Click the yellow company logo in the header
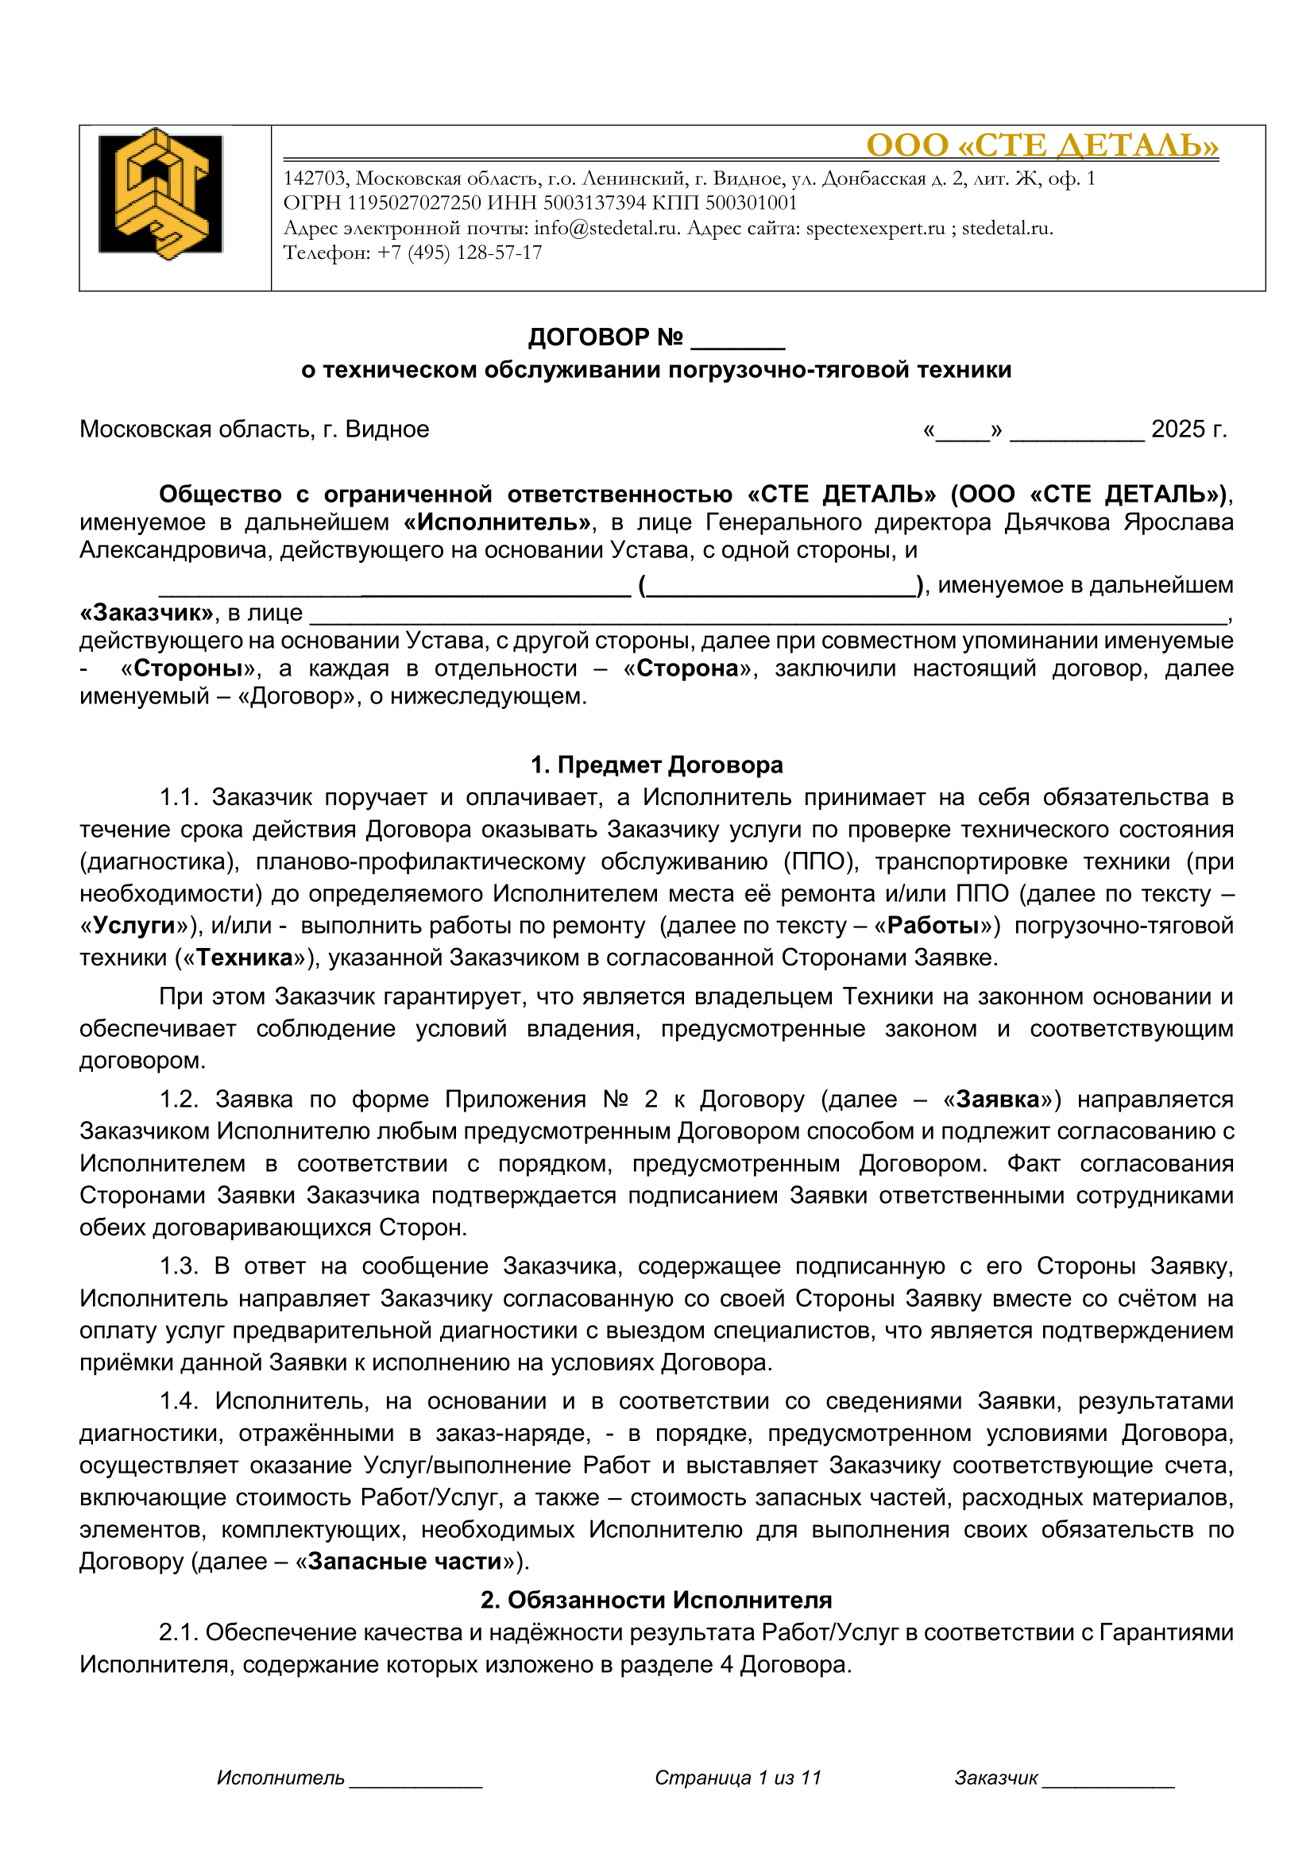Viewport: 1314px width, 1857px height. pyautogui.click(x=160, y=194)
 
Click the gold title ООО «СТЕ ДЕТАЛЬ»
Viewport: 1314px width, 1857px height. pyautogui.click(x=1042, y=145)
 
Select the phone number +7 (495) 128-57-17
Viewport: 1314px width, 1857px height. pyautogui.click(x=458, y=253)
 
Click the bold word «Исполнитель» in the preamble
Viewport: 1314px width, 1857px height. pyautogui.click(x=497, y=522)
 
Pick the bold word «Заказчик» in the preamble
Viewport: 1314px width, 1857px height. pyautogui.click(x=146, y=613)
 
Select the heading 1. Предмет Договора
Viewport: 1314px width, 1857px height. pyautogui.click(x=656, y=765)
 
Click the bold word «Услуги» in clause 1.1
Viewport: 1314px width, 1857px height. pyautogui.click(x=134, y=925)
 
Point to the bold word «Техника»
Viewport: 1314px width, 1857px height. pyautogui.click(x=244, y=957)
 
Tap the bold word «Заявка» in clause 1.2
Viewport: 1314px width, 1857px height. pyautogui.click(x=997, y=1099)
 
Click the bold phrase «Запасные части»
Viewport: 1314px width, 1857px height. pyautogui.click(x=405, y=1561)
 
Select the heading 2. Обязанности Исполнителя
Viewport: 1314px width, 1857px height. pyautogui.click(x=656, y=1600)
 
